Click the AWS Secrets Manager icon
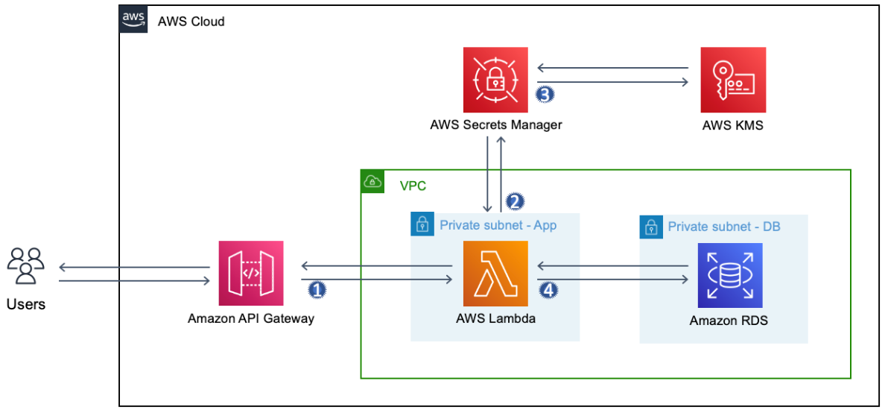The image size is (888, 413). tap(495, 80)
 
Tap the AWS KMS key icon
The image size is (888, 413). tap(733, 80)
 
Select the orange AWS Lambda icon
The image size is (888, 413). tap(495, 274)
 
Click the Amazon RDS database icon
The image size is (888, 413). tap(730, 274)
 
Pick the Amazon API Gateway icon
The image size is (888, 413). tap(251, 274)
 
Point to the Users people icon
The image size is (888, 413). tap(26, 265)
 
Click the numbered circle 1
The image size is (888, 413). tap(317, 289)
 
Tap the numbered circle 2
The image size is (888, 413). tap(515, 201)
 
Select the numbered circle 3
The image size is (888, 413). tap(545, 95)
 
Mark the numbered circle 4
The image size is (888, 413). tap(549, 289)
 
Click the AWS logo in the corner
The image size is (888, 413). tap(133, 20)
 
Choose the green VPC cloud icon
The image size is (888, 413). tap(372, 182)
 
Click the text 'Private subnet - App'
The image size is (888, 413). tap(498, 225)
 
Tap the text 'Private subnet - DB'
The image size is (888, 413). tap(724, 226)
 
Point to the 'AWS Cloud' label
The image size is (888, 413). tap(191, 22)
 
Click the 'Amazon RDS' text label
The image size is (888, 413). tap(729, 321)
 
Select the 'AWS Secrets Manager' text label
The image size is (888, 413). tap(495, 124)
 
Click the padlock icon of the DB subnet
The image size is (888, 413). tap(651, 227)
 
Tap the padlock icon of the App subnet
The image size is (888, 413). tap(422, 224)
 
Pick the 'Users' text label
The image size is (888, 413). tap(26, 304)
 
